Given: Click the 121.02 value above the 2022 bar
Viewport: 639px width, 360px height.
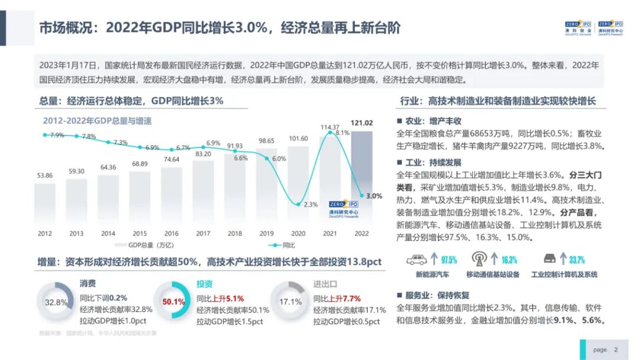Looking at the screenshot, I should pyautogui.click(x=362, y=123).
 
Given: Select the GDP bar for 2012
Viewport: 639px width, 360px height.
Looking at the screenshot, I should pyautogui.click(x=45, y=202).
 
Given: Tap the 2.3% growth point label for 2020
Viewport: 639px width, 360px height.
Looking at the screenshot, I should pyautogui.click(x=311, y=204).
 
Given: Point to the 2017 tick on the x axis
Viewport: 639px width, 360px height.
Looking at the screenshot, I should pyautogui.click(x=203, y=233).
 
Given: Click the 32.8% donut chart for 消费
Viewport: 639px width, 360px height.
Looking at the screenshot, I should pyautogui.click(x=56, y=302).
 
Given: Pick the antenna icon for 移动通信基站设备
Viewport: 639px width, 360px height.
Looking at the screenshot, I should pyautogui.click(x=479, y=259).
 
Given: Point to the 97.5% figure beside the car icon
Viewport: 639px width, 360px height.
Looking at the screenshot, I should pyautogui.click(x=448, y=260).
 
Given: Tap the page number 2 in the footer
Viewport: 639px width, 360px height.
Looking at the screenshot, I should pyautogui.click(x=615, y=349).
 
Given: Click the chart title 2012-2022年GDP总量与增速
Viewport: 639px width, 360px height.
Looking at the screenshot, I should pyautogui.click(x=97, y=121).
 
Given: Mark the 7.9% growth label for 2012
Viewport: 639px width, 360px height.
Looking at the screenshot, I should pyautogui.click(x=57, y=136).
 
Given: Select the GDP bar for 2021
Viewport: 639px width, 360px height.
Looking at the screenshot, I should pyautogui.click(x=330, y=184).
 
